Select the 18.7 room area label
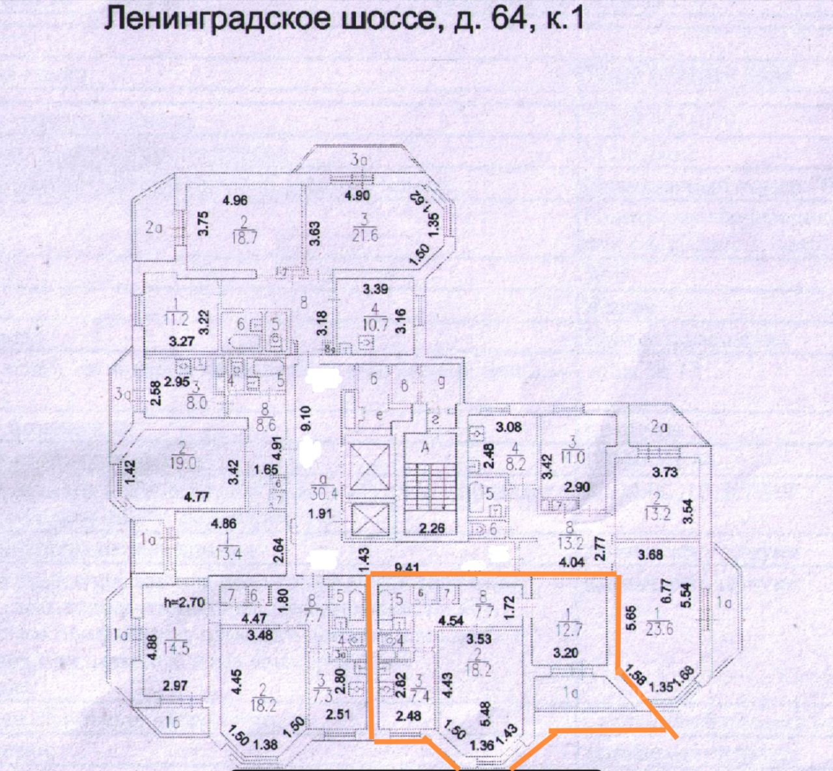(244, 237)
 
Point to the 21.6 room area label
(364, 236)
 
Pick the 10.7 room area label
(375, 325)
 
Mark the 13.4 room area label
(228, 553)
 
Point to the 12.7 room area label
(569, 630)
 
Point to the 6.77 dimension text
(664, 593)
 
